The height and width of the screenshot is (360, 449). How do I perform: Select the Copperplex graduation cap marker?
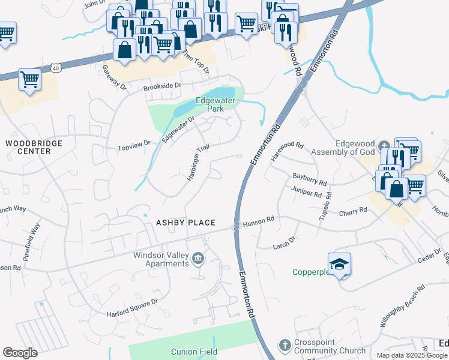339,263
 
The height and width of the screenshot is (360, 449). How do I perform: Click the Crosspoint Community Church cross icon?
285,345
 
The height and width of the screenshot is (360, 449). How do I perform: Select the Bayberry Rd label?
309,178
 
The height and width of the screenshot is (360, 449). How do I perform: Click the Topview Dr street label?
133,145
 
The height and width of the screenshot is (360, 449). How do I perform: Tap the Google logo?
20,353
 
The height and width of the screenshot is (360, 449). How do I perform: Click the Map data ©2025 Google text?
411,355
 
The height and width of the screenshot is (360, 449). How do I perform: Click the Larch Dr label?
285,242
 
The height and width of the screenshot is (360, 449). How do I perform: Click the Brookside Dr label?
162,86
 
